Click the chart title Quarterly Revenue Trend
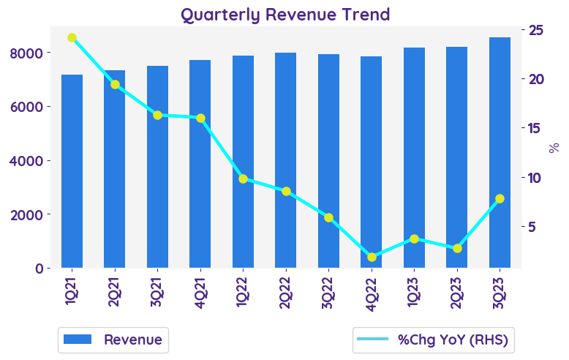(x=284, y=14)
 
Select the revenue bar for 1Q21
(x=72, y=171)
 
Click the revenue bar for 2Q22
(x=286, y=160)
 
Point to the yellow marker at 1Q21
(x=72, y=37)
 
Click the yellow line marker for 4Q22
(x=372, y=257)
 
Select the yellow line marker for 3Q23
(x=500, y=198)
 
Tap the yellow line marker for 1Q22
(x=244, y=179)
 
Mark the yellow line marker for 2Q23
(x=457, y=248)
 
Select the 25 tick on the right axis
(x=535, y=29)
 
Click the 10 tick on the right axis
(x=535, y=178)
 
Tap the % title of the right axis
(x=554, y=148)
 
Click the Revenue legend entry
(x=113, y=340)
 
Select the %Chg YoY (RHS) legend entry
(x=431, y=340)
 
